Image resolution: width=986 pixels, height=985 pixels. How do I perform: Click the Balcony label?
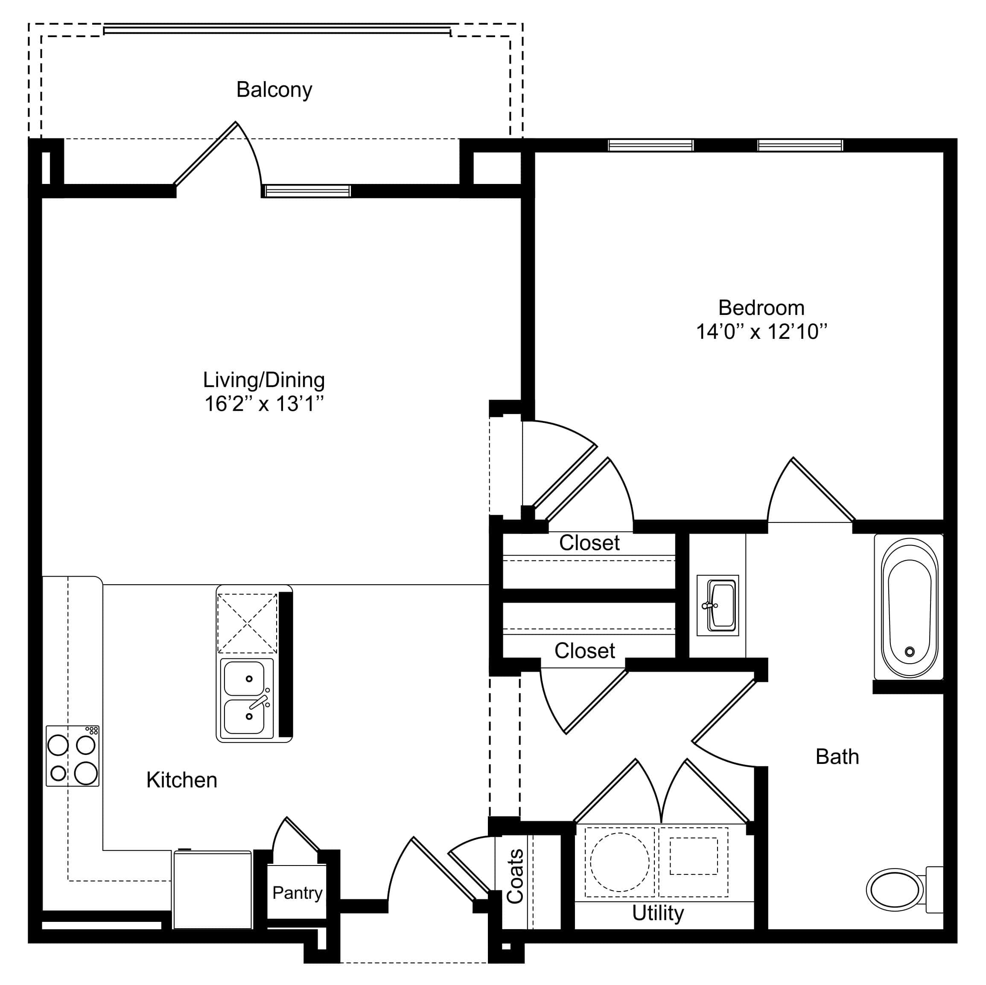point(274,90)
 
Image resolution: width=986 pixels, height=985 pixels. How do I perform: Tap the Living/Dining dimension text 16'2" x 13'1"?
point(264,404)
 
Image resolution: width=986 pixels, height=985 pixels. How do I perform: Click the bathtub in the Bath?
point(909,607)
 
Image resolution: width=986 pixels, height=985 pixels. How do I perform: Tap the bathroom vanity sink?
point(718,605)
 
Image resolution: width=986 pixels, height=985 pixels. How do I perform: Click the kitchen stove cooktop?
point(73,756)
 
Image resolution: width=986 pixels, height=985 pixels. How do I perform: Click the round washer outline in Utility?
point(620,862)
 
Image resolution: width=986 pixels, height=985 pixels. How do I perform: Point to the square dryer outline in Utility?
point(694,856)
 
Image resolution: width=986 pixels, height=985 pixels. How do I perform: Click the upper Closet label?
point(589,543)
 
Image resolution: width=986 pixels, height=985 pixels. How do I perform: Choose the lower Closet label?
point(585,651)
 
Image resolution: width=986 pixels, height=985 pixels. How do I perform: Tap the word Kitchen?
point(182,780)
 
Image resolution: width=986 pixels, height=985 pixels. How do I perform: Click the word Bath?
point(837,756)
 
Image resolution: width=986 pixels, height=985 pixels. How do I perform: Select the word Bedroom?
point(761,308)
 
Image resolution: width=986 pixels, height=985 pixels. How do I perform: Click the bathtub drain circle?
point(910,652)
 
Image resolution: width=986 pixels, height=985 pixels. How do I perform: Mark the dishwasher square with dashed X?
point(248,623)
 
